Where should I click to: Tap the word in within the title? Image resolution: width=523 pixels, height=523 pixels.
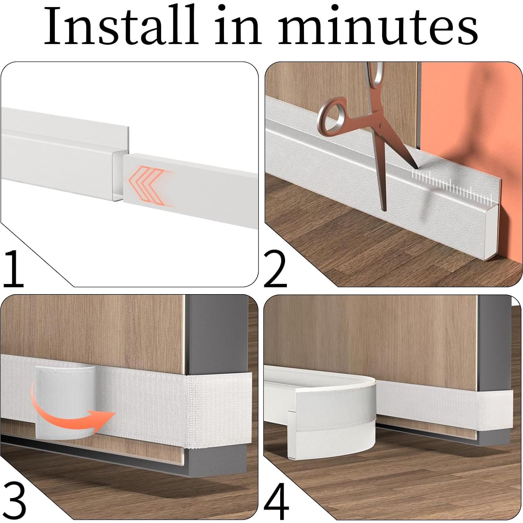tap(238, 26)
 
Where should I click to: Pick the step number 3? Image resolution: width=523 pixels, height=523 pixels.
tap(14, 501)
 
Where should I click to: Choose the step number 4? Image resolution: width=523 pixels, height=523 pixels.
tap(276, 502)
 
